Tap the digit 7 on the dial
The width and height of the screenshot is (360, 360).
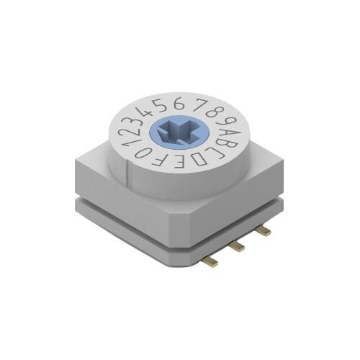(x=195, y=104)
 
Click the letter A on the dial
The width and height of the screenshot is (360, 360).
(x=224, y=132)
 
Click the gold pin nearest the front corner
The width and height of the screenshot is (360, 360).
(x=211, y=261)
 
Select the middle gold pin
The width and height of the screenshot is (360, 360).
(x=237, y=246)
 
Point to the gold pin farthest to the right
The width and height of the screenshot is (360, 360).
(x=264, y=230)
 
